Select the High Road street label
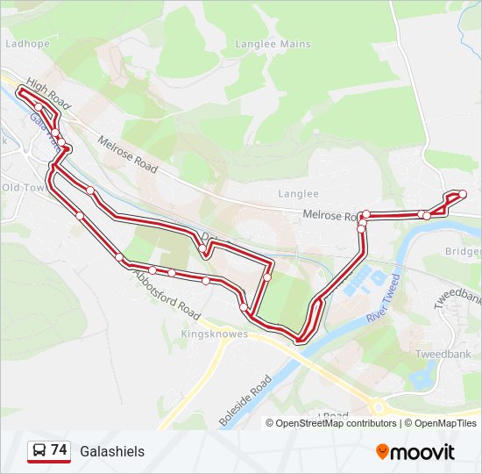pyautogui.click(x=47, y=92)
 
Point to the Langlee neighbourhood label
pyautogui.click(x=298, y=194)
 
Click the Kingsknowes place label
pyautogui.click(x=215, y=334)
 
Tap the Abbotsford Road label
pyautogui.click(x=167, y=293)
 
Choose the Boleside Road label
pyautogui.click(x=246, y=402)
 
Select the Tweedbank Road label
pyautogui.click(x=458, y=290)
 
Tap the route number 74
pyautogui.click(x=59, y=450)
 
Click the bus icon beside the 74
pyautogui.click(x=39, y=451)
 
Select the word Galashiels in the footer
pyautogui.click(x=112, y=451)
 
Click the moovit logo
pyautogui.click(x=415, y=451)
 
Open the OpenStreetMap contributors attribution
pyautogui.click(x=336, y=423)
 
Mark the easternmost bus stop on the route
pyautogui.click(x=462, y=194)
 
